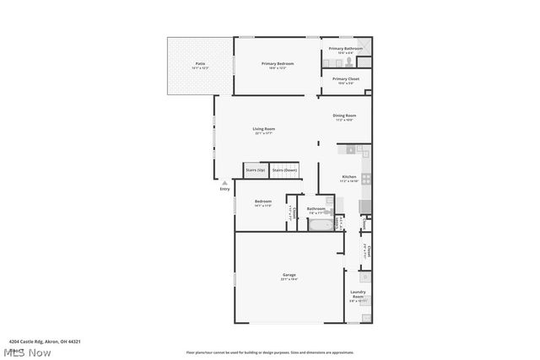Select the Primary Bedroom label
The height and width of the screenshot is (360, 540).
[278, 63]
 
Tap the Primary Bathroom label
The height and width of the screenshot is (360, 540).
[346, 49]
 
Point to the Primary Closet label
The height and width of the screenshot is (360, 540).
[346, 78]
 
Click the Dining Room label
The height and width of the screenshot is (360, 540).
[344, 116]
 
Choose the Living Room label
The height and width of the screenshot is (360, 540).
[264, 129]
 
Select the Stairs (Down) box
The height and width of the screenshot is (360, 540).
[284, 170]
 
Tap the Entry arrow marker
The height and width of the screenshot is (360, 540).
[224, 182]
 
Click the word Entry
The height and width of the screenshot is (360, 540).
[224, 189]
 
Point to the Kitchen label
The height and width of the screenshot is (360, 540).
[348, 177]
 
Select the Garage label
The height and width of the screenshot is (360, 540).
[289, 275]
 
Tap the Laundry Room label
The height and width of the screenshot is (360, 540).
[358, 295]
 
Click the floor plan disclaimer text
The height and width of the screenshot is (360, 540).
[270, 352]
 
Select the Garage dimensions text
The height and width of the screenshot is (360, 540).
[289, 279]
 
